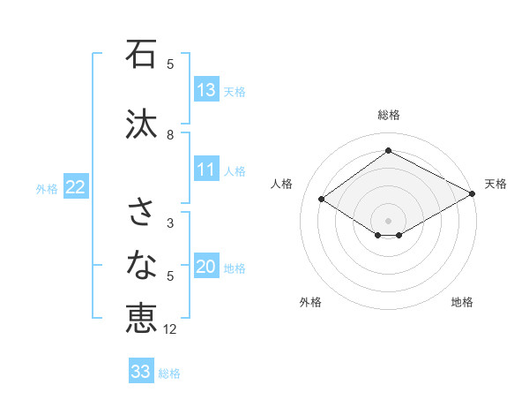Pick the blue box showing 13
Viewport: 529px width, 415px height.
206,90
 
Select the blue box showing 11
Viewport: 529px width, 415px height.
206,170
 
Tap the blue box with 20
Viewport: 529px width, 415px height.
206,268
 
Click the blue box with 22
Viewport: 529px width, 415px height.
76,187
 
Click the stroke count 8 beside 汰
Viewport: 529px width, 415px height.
170,135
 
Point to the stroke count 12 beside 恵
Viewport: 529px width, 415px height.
171,328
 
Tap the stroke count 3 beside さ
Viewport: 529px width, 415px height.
170,223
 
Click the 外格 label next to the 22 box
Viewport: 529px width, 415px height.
47,188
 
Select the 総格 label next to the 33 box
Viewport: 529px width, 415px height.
169,373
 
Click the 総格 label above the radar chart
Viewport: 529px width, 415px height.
388,115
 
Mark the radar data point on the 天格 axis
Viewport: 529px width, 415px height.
473,194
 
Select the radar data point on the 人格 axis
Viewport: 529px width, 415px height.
322,200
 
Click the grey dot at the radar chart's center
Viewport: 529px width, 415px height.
388,219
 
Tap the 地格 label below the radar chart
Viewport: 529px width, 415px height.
462,302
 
